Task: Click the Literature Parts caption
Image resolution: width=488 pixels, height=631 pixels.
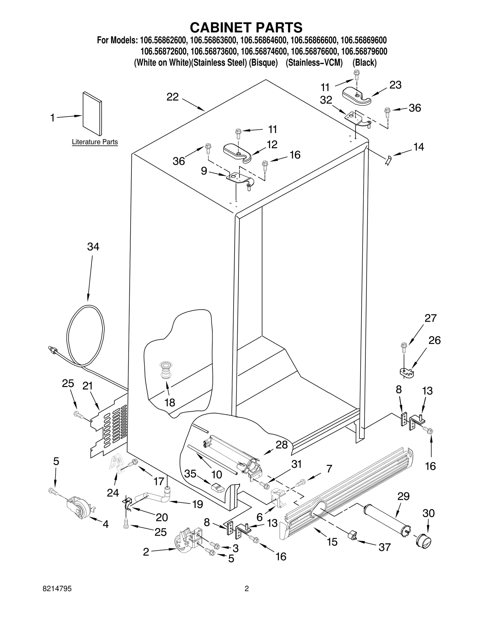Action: coord(95,142)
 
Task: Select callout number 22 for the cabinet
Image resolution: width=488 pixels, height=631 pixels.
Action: coord(172,97)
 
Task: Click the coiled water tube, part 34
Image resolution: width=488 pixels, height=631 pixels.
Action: coord(85,335)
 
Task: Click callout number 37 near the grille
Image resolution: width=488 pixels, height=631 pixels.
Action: coord(384,547)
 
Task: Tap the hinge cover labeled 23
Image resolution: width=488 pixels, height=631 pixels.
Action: coord(356,95)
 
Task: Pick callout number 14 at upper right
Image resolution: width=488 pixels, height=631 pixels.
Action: coord(418,147)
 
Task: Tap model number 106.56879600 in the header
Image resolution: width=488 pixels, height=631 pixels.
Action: coord(364,51)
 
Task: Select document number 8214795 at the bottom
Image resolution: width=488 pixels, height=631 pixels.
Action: coord(57,597)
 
